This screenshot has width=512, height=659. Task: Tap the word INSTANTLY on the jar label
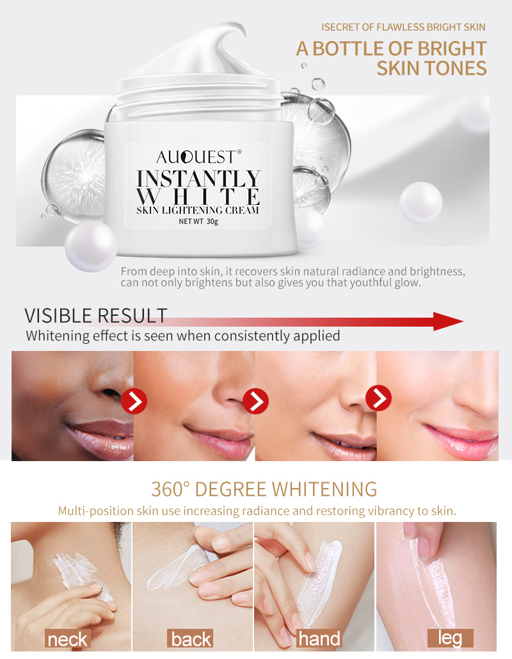point(199,177)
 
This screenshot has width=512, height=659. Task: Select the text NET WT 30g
point(199,222)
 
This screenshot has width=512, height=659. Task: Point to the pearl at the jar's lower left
point(90,246)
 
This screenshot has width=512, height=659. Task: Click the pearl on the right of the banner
point(420,202)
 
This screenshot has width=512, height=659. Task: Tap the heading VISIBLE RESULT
point(96,316)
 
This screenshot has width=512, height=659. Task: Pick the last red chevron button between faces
point(378,398)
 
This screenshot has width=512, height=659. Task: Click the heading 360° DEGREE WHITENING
point(264,489)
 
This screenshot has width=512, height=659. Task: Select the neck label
point(67,639)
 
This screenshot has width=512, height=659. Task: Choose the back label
point(191,639)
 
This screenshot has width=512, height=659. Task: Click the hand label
point(319,639)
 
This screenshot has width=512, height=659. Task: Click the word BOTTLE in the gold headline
point(365,49)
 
